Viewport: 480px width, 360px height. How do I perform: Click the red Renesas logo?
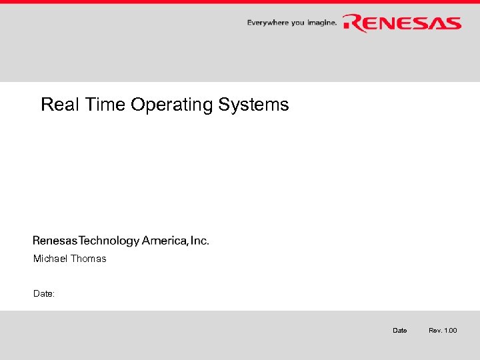tap(402, 23)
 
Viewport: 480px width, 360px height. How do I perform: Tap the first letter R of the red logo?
tap(353, 23)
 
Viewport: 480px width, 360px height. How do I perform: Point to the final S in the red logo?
tap(451, 23)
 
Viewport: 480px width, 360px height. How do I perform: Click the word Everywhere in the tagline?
tap(267, 23)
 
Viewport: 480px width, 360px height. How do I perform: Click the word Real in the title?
tap(56, 105)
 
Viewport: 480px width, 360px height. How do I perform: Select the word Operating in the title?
tap(170, 105)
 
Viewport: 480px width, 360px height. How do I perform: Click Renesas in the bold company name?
tap(58, 241)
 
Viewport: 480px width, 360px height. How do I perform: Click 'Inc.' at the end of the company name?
tap(199, 241)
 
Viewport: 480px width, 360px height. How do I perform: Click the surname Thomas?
tap(89, 259)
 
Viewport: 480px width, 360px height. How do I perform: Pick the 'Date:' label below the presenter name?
tap(44, 293)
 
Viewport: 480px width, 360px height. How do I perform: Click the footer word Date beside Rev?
tap(400, 331)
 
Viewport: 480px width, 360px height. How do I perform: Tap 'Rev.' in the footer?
tap(435, 331)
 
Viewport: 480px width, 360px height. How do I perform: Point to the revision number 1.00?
tap(451, 331)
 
